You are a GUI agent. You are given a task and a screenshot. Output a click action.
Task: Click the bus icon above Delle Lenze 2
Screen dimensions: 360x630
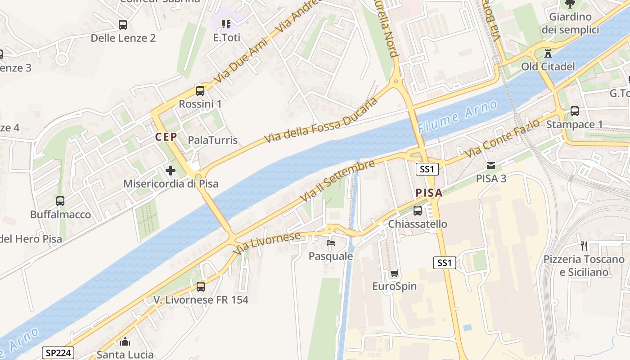pos(122,25)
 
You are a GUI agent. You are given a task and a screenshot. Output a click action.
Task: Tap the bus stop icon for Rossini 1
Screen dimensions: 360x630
pos(200,90)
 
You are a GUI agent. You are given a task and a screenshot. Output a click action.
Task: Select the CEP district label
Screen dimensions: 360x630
pos(166,137)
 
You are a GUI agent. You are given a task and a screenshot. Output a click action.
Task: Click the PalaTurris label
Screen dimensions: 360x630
pos(212,140)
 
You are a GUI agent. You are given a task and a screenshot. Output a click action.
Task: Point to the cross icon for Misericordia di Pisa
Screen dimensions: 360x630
pos(171,171)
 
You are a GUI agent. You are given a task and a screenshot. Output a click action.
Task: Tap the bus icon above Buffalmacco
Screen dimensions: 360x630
pos(60,201)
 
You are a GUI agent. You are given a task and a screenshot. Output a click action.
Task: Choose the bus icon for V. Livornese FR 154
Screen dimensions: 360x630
pos(201,286)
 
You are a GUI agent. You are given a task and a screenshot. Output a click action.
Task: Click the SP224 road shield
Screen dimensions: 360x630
pos(58,353)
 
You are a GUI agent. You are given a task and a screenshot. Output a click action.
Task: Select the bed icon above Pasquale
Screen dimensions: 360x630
pos(331,243)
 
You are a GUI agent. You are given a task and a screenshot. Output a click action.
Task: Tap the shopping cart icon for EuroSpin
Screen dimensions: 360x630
pos(394,273)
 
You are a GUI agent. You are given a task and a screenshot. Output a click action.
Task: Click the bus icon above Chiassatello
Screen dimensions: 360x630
pos(418,210)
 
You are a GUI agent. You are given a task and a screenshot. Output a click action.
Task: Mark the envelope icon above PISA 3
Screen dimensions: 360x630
pos(491,165)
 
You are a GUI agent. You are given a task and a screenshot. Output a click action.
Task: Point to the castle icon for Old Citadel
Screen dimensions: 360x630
pos(548,53)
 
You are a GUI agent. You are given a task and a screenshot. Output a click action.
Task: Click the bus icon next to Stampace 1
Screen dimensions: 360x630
pos(575,111)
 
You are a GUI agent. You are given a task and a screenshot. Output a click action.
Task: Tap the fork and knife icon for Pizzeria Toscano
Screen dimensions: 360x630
pos(584,246)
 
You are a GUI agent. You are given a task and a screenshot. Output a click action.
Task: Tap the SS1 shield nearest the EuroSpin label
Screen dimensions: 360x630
pos(445,263)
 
